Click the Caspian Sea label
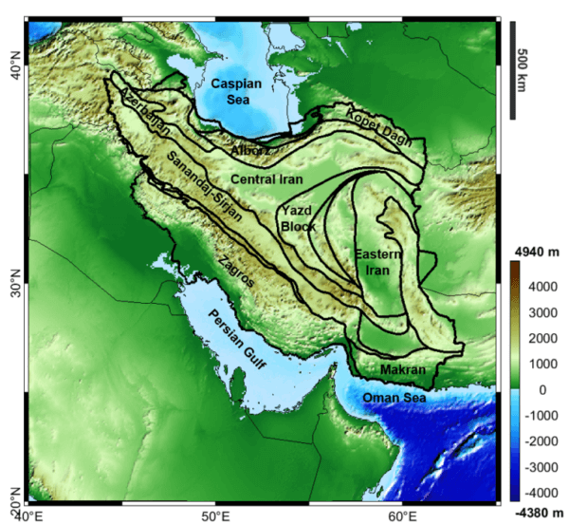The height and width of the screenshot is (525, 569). point(237,91)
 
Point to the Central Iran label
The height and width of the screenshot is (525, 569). point(266,178)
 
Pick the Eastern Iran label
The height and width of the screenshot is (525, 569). point(378,262)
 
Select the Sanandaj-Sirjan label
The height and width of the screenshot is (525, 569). point(202,187)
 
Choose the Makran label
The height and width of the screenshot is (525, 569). point(400,368)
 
